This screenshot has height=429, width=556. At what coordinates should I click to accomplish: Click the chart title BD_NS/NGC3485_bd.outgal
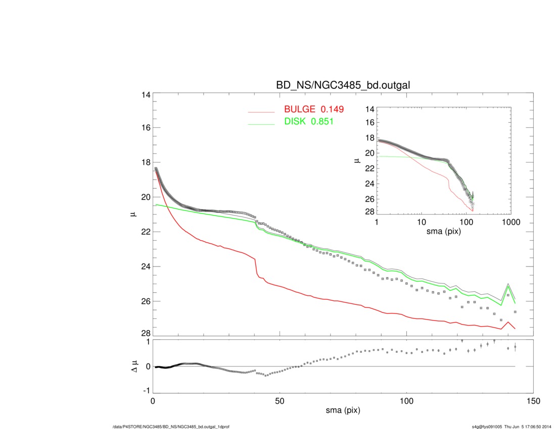pos(343,86)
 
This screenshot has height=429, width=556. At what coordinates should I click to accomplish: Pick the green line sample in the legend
pos(261,124)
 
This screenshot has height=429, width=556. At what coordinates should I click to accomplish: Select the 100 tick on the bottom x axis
pos(406,401)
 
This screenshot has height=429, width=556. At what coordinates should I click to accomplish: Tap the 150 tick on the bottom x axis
pos(533,401)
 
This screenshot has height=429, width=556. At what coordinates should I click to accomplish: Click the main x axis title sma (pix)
pos(343,411)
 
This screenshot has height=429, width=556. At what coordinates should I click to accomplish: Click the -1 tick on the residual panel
pos(146,391)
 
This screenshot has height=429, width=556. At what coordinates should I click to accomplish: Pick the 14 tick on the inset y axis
pos(369,109)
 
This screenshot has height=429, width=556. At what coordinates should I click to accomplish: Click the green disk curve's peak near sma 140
pos(508,287)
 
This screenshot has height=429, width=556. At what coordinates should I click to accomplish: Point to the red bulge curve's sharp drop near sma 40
pos(256,266)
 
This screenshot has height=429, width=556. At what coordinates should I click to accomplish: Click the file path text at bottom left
pos(171,427)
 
